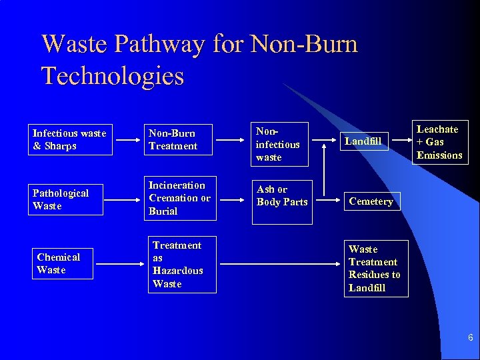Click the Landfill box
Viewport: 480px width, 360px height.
[x=363, y=141]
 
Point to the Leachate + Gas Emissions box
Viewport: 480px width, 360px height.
[x=439, y=142]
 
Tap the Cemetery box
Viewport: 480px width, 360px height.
[x=371, y=201]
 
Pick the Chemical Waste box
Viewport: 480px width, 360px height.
[x=62, y=263]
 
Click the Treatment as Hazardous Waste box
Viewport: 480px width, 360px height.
[x=182, y=265]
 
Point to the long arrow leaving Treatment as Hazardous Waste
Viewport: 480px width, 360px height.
[x=280, y=265]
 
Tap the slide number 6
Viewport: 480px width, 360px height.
[x=471, y=338]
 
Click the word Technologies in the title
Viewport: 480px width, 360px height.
[x=113, y=75]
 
